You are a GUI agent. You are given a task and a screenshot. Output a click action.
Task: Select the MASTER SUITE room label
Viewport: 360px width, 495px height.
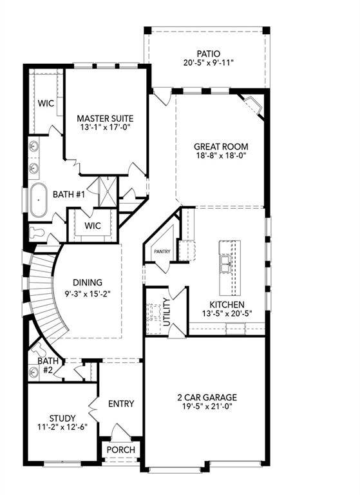[x=105, y=119]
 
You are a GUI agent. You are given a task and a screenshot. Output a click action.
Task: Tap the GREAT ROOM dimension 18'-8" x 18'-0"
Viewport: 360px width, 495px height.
[x=221, y=155]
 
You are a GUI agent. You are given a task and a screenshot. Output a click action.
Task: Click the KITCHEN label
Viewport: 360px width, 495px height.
[x=227, y=304]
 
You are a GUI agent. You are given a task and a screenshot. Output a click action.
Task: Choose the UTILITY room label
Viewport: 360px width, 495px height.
[x=167, y=312]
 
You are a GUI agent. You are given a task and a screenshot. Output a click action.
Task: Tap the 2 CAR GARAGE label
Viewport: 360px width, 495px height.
[x=207, y=397]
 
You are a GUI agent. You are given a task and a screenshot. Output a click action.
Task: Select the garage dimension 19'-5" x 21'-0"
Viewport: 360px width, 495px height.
[x=207, y=407]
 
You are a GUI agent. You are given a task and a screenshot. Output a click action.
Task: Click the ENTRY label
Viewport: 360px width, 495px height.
[x=121, y=403]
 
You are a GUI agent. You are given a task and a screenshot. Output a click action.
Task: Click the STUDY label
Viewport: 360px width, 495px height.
[x=62, y=418]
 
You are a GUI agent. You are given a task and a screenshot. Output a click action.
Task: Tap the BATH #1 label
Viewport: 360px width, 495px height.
[x=67, y=193]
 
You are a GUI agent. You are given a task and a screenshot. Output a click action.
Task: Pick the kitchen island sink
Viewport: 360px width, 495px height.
[x=225, y=264]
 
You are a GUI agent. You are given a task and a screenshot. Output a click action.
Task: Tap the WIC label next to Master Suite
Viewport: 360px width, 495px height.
[x=45, y=102]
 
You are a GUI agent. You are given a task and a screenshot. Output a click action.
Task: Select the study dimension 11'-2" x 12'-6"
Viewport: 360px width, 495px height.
[x=62, y=428]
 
